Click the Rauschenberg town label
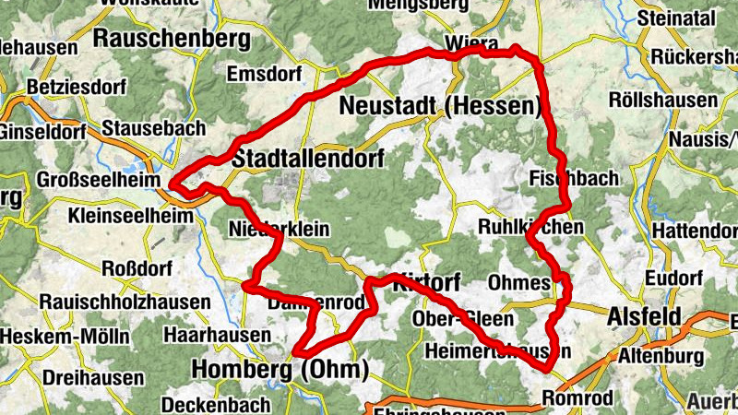point(172,39)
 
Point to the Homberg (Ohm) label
point(280,370)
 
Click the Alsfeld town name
point(645,316)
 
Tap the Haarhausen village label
point(208,333)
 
